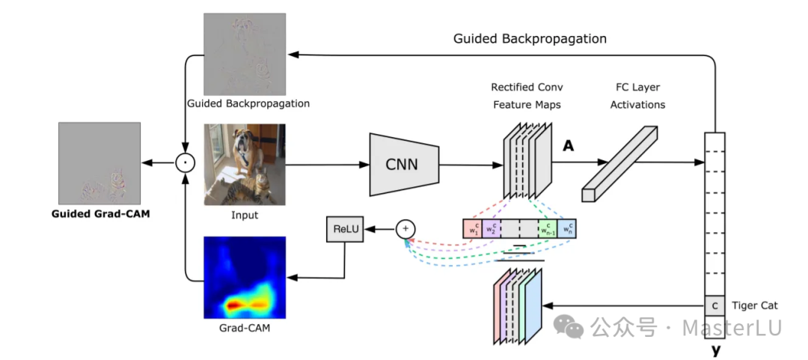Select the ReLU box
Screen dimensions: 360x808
343,229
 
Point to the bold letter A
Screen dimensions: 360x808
569,147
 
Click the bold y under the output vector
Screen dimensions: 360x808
716,349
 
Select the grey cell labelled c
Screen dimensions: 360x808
714,305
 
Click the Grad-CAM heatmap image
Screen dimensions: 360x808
245,277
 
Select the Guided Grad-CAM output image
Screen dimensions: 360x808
99,162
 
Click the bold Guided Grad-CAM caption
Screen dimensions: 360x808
99,213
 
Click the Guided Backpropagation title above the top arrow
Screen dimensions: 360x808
530,38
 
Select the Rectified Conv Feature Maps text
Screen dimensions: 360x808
527,97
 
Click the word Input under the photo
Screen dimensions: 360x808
245,216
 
